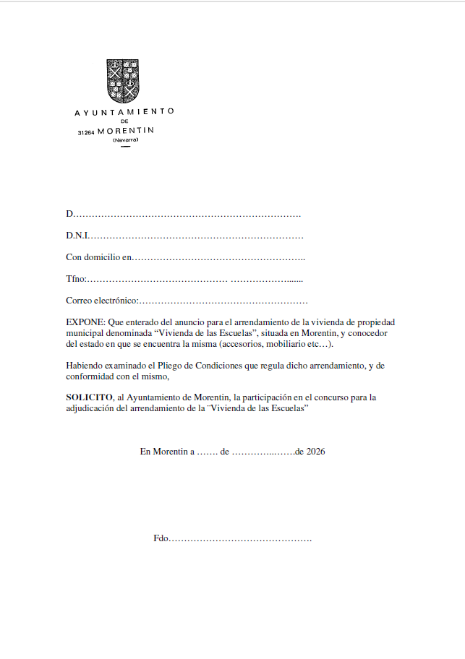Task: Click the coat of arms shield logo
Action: click(124, 80)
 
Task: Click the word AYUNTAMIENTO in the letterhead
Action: click(124, 112)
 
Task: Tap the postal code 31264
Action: click(86, 132)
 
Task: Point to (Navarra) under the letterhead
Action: click(124, 139)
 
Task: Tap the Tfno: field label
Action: click(76, 279)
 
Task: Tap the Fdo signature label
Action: click(161, 538)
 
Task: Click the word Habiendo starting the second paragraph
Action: click(85, 366)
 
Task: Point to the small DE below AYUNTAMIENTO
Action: click(124, 121)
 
